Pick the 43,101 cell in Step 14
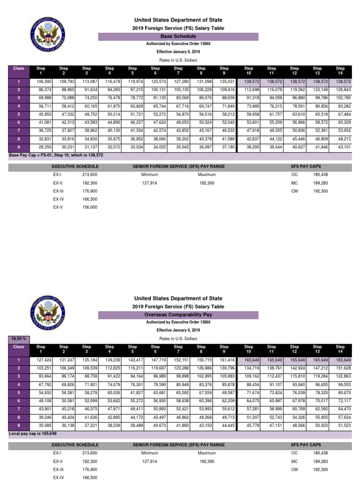pos(343,147)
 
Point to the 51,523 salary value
pos(343,426)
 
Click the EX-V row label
pos(58,207)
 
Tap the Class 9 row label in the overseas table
pos(19,425)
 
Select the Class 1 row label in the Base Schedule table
pos(19,82)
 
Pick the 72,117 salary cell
pos(343,401)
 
